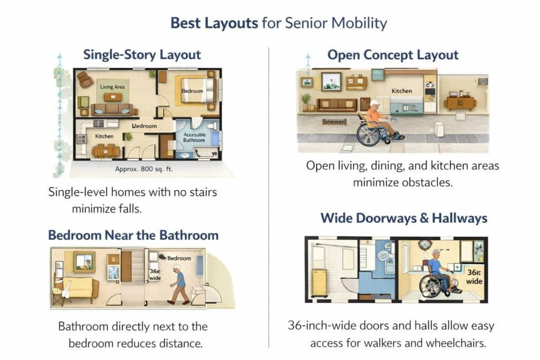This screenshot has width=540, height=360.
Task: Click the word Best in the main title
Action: [187, 23]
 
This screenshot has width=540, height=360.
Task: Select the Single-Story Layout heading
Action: [142, 54]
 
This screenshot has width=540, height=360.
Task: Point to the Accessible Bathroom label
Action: [194, 138]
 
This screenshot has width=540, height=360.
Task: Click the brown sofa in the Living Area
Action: [112, 109]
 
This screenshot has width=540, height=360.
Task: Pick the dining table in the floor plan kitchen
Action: [106, 151]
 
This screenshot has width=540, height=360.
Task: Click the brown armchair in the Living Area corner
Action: [84, 79]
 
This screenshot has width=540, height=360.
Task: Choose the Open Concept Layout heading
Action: [393, 55]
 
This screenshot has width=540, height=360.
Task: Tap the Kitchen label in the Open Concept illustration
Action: [401, 91]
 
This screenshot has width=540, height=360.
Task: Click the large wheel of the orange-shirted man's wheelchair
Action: [369, 134]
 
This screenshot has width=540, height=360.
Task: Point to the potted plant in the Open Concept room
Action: [306, 101]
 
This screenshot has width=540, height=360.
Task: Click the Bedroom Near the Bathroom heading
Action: [133, 235]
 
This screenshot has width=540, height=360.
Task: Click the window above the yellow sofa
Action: [84, 261]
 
